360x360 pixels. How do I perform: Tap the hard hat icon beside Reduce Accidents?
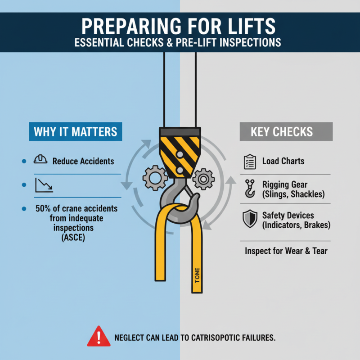tap(40, 160)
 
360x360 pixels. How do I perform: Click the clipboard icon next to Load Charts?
tap(249, 161)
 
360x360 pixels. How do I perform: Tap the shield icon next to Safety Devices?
tap(249, 220)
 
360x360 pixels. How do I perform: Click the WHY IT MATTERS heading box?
tap(75, 131)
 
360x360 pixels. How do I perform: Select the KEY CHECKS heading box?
tap(285, 131)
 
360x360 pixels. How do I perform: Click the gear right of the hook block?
tap(203, 179)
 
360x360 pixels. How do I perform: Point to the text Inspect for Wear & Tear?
tap(286, 251)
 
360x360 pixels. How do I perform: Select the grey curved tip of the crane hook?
tap(197, 201)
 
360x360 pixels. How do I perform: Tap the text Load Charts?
tap(283, 161)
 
